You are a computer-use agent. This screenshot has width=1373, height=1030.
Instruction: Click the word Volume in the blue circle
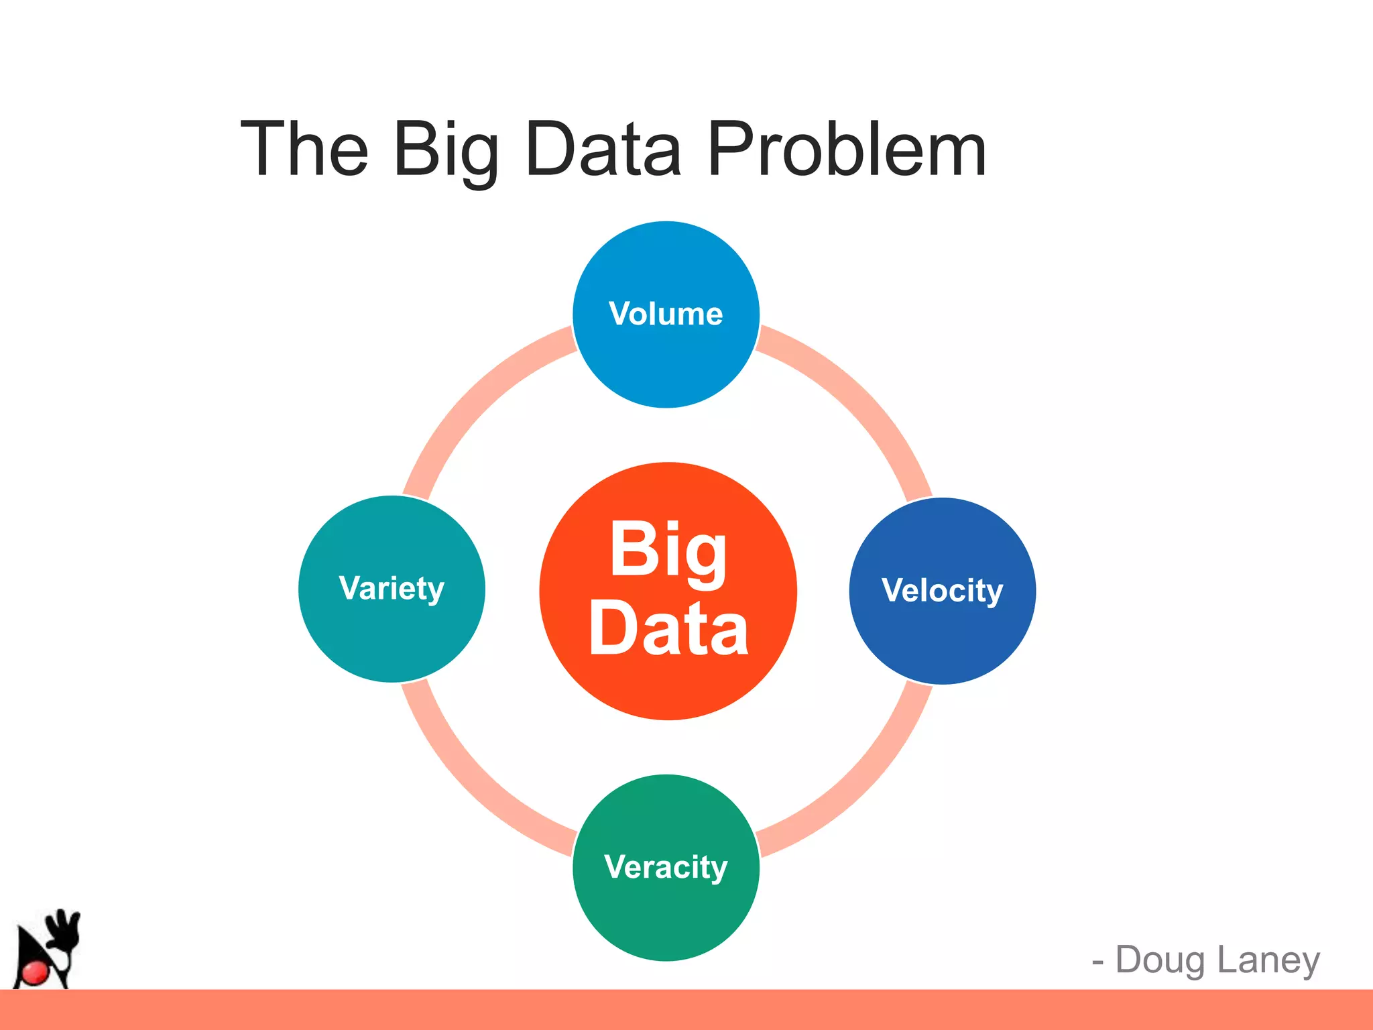(x=666, y=314)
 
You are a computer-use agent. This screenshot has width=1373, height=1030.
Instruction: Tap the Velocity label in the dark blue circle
(x=942, y=591)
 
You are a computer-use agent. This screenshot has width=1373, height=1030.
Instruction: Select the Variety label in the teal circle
(x=392, y=589)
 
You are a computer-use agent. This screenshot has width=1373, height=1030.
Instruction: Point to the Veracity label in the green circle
(x=666, y=867)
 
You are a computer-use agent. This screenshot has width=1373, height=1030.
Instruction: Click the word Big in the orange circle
(x=668, y=550)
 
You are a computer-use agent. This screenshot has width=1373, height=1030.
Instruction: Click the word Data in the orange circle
(x=668, y=629)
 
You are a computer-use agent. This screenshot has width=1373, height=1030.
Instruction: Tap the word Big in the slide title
(x=446, y=151)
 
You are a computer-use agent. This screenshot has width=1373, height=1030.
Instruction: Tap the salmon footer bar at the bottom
(x=686, y=1010)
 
